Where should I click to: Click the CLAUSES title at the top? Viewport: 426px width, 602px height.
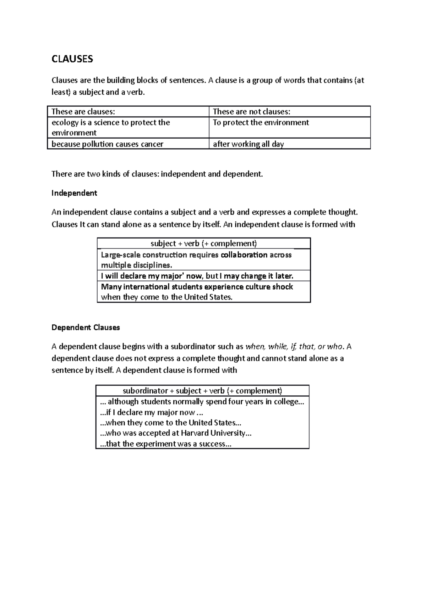coord(72,59)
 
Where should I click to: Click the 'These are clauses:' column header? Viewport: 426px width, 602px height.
coord(83,112)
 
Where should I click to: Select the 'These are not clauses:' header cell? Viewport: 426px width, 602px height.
coord(251,112)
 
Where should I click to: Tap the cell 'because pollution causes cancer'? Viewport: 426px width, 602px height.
coord(107,144)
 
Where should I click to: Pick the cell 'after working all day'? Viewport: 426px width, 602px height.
coord(248,144)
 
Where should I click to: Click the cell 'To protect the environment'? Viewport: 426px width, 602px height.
coord(261,122)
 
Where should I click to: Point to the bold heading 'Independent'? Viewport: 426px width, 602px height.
coord(74,193)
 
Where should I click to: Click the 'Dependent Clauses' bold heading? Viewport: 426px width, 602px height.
coord(86,327)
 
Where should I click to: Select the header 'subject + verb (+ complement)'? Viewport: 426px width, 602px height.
coord(203,243)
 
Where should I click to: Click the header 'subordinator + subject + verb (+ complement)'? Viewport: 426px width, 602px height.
coord(202,391)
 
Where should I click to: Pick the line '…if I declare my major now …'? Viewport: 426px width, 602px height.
coord(152,412)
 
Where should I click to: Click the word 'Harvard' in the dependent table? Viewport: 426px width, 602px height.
coord(195,433)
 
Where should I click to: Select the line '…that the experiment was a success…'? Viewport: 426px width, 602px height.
coord(166,444)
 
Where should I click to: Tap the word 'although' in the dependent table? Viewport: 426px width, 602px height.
coord(123,402)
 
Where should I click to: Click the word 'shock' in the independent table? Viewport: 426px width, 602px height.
coord(283,286)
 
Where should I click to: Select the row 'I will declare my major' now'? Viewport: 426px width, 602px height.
coord(197,276)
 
